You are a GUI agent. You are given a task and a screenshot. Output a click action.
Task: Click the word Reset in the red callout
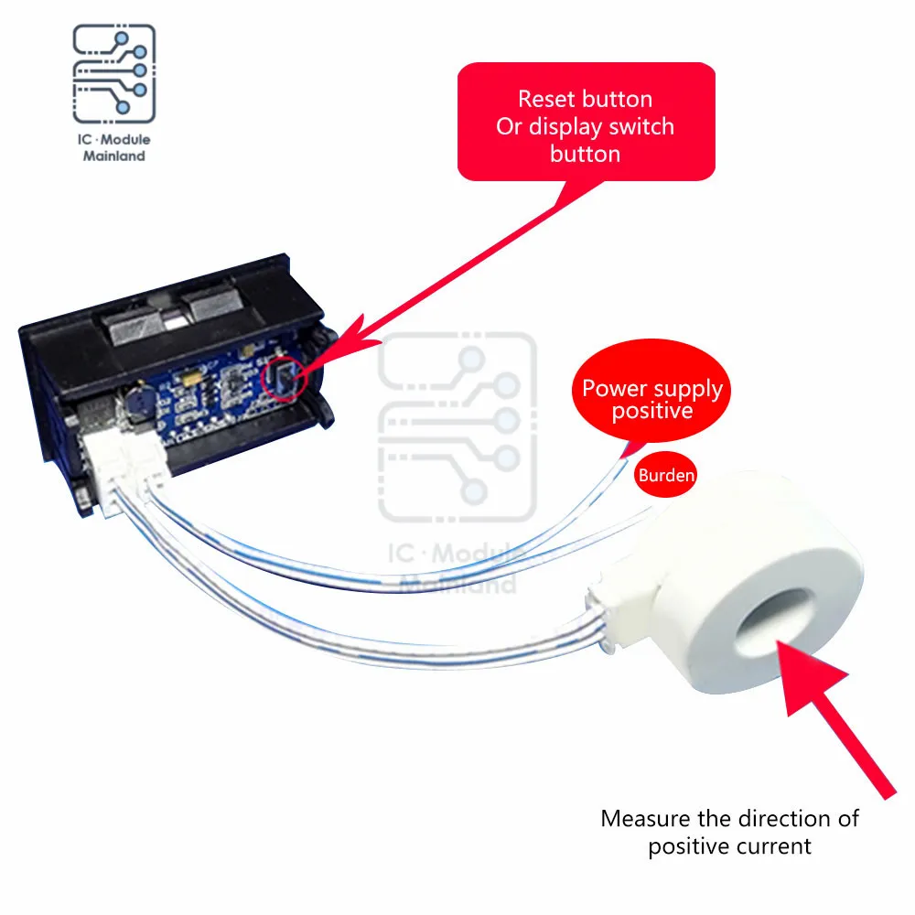point(546,99)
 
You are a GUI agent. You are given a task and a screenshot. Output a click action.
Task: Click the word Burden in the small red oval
point(666,475)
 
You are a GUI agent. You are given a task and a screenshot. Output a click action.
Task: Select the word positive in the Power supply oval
point(652,412)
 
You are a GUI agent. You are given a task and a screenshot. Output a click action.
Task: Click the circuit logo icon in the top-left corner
point(113,76)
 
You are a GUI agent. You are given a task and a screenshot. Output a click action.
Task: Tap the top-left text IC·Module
point(113,140)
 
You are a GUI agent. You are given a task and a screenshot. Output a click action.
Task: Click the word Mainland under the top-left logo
point(113,156)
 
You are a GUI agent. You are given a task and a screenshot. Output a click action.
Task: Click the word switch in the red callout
point(644,126)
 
